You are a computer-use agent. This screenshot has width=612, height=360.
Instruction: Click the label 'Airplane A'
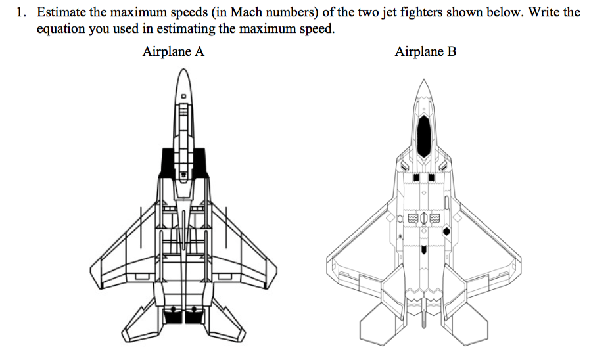[173, 52]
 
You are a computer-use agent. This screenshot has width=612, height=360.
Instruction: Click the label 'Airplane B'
[425, 52]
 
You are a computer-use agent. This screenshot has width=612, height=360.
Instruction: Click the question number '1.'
[22, 12]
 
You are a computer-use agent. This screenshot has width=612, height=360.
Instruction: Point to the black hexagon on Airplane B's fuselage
[447, 231]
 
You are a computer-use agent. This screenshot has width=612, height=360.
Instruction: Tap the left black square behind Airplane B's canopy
[415, 178]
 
